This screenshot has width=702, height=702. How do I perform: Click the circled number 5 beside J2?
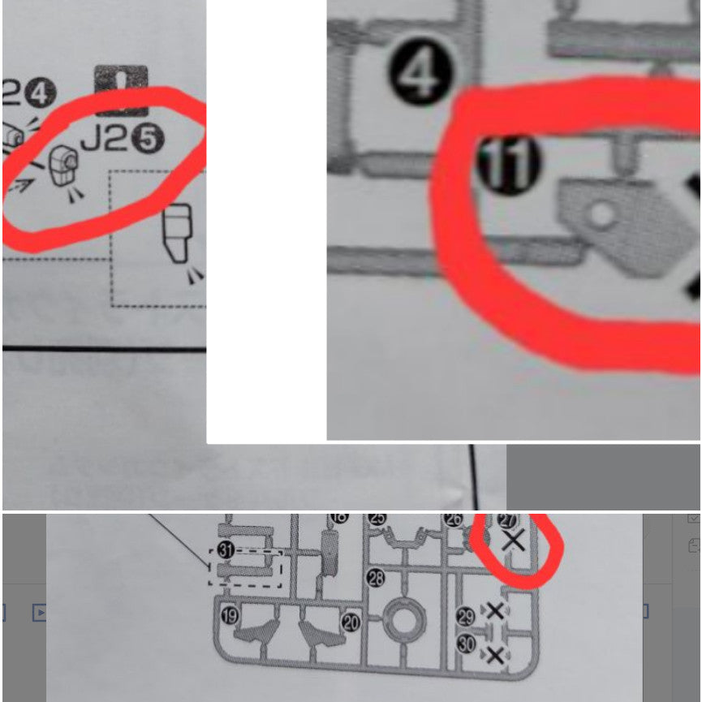[x=148, y=140]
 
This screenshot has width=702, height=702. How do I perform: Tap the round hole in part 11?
[x=601, y=215]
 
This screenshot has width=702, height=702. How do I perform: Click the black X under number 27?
[x=513, y=540]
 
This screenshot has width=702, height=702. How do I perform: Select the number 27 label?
[x=506, y=520]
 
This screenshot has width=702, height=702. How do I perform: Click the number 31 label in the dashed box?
[x=226, y=550]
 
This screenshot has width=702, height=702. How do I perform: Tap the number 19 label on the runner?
[x=230, y=615]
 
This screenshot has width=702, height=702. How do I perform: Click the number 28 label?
[x=376, y=578]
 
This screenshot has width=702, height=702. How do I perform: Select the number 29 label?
[x=465, y=616]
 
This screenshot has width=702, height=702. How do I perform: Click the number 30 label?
[x=467, y=644]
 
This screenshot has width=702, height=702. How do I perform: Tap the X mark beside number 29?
[x=494, y=611]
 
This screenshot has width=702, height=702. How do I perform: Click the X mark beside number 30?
[x=494, y=654]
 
